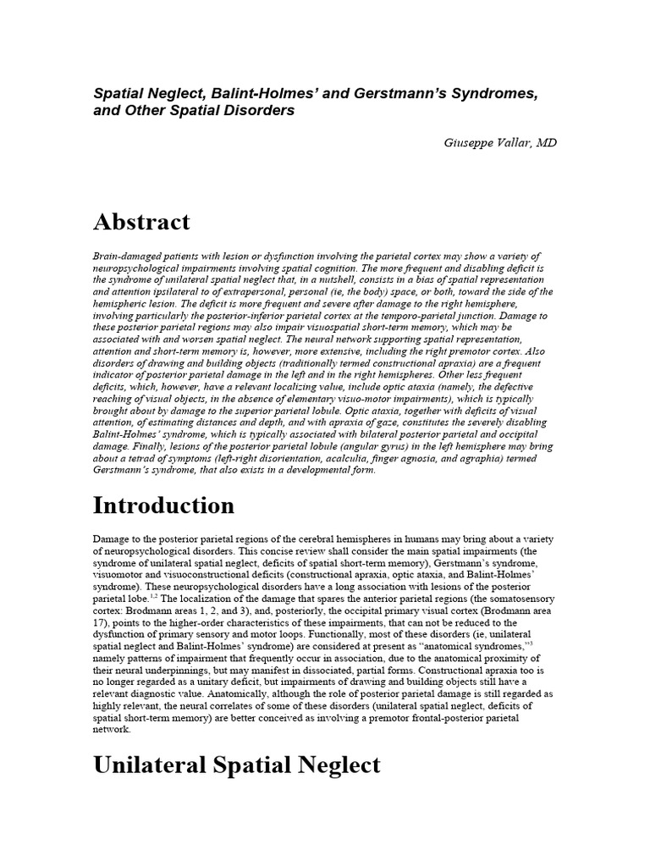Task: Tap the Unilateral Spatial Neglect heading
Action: tap(237, 765)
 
